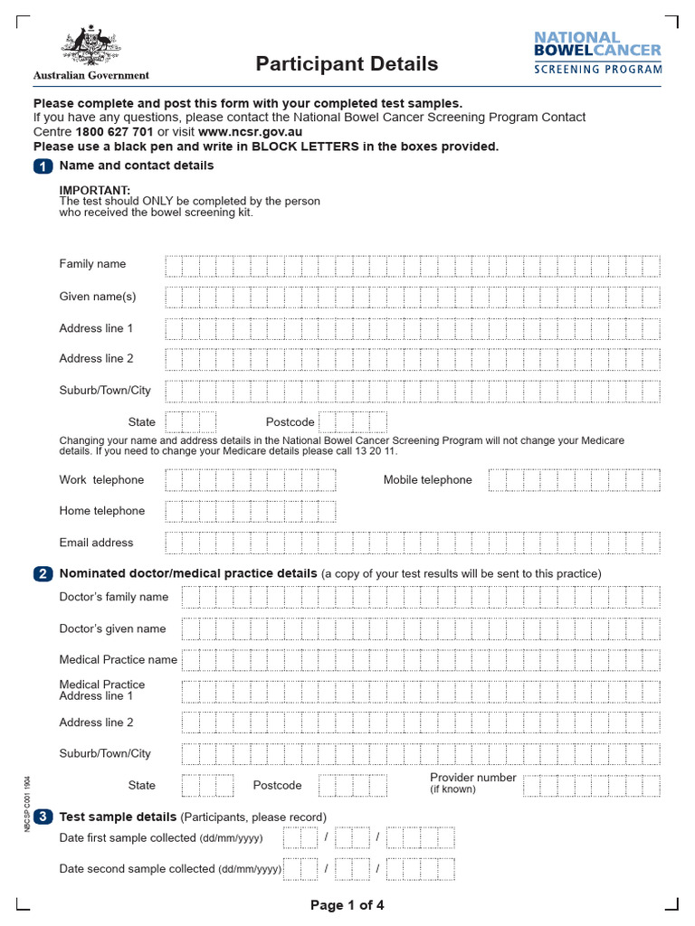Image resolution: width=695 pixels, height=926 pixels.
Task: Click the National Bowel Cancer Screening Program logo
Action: pyautogui.click(x=597, y=52)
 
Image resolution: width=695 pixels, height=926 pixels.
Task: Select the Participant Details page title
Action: pyautogui.click(x=347, y=64)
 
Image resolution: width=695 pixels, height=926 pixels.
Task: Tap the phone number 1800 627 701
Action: pyautogui.click(x=115, y=131)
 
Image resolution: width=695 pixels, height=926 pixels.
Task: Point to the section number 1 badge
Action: pyautogui.click(x=43, y=166)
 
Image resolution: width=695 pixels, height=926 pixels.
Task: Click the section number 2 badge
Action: pyautogui.click(x=43, y=574)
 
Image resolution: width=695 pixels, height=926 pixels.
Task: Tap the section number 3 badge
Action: pyautogui.click(x=43, y=817)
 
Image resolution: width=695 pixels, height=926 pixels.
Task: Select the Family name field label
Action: pyautogui.click(x=92, y=264)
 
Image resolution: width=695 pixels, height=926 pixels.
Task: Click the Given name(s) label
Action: pyautogui.click(x=98, y=297)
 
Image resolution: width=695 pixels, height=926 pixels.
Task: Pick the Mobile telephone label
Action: pyautogui.click(x=427, y=480)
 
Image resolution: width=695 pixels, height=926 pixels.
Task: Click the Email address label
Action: pyautogui.click(x=96, y=543)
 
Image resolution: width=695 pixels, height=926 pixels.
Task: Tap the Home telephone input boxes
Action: pyautogui.click(x=250, y=512)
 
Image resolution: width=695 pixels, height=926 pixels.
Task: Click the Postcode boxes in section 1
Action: pyautogui.click(x=353, y=422)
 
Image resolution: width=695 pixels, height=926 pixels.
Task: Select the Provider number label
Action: pyautogui.click(x=472, y=778)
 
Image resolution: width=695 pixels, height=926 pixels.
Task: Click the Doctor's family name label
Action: pyautogui.click(x=114, y=597)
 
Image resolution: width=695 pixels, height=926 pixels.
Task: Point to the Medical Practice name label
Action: pyautogui.click(x=118, y=660)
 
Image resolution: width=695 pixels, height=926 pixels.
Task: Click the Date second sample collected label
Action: pyautogui.click(x=170, y=869)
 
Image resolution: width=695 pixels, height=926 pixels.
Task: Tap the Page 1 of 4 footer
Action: pyautogui.click(x=347, y=905)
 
